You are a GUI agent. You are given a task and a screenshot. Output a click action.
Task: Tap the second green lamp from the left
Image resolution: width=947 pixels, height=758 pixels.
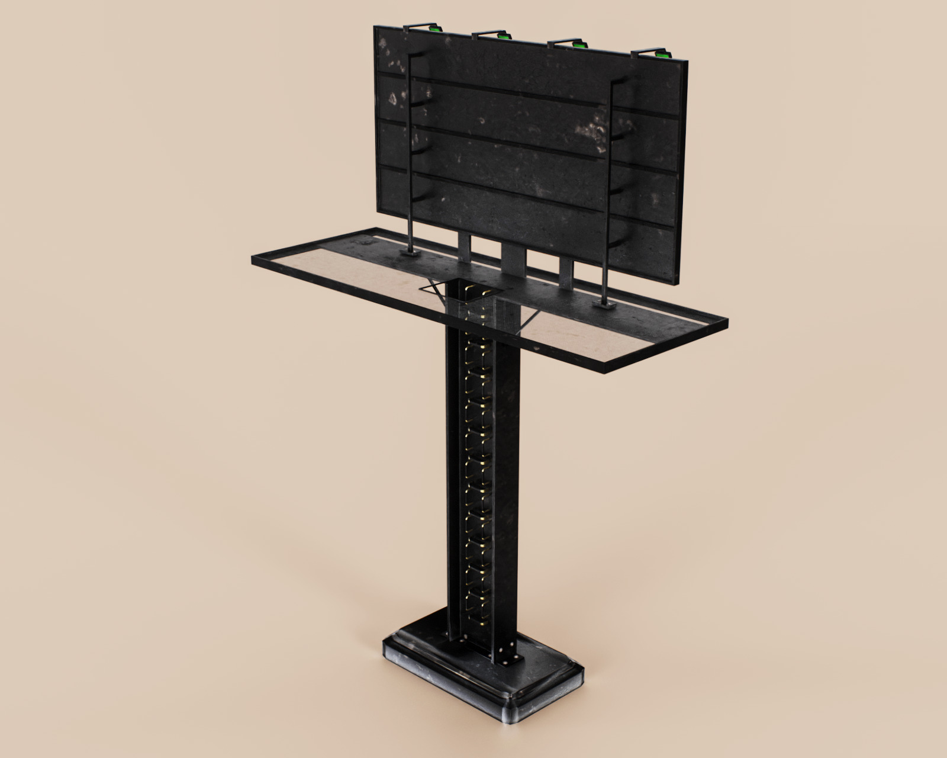[505, 36]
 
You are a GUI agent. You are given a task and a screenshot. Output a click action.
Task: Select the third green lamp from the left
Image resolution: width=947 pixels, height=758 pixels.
[577, 44]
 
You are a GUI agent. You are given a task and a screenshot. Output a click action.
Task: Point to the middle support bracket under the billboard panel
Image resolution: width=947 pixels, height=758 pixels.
[513, 261]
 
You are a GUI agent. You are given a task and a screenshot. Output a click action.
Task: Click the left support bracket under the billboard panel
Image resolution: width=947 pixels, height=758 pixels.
[465, 246]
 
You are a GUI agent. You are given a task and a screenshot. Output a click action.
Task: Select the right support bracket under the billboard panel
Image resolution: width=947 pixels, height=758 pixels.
[566, 274]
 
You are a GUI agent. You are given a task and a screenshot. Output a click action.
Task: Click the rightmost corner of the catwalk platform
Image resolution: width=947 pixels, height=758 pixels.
[726, 322]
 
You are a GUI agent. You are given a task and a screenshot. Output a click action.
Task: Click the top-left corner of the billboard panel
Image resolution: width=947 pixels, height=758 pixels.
[375, 27]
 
